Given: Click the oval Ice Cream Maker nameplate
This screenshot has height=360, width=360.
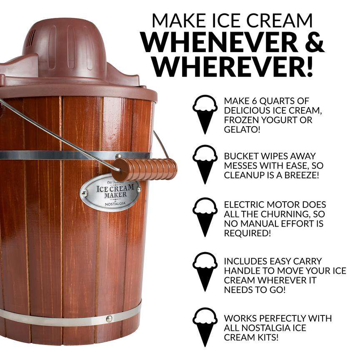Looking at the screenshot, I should click(x=110, y=192).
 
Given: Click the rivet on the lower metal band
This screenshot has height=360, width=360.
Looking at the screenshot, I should click(x=109, y=319).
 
